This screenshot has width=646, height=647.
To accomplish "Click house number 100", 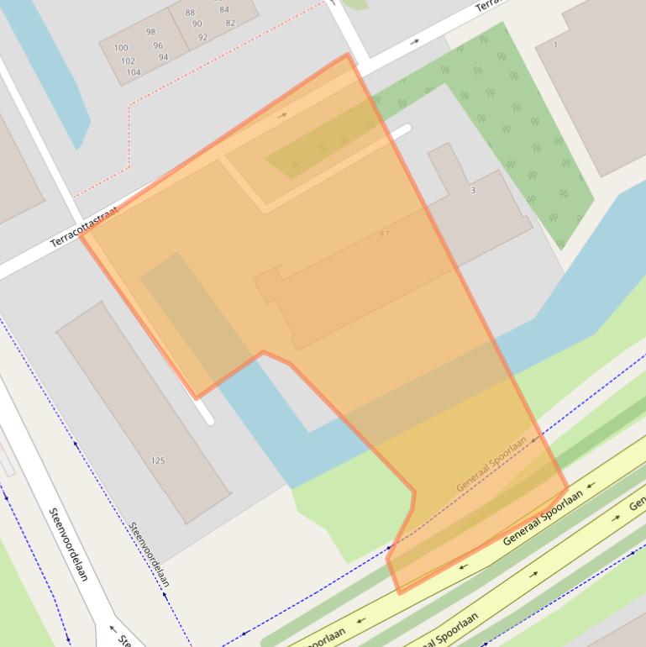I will pos(121,48).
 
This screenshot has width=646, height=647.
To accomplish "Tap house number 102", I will pos(128,60).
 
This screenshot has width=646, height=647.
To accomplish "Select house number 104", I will pos(134,72).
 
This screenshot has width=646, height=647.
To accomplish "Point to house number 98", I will pos(150,32).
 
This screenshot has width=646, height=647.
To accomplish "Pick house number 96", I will pos(158,45).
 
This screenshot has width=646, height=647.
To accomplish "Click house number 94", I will pos(163,57).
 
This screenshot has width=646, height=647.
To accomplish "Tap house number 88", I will pos(190,13).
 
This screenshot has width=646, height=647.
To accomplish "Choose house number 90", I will pos(197,24).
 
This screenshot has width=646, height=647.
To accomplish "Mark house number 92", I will pos(202,37).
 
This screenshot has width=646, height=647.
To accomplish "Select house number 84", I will pos(223,10).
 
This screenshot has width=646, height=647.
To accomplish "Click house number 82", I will pos(230,23).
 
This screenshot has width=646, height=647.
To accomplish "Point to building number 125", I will pos(158,460).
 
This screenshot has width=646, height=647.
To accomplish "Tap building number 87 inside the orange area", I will pos(384,234).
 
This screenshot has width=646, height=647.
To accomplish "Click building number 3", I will pos(473,190).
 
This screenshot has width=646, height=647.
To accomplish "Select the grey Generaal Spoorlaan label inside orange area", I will pos(491,464).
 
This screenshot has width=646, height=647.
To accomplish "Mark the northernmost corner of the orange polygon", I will pos(347,55).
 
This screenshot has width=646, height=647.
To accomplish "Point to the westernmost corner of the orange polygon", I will pos(81,235).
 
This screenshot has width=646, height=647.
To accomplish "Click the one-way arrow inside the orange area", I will pos(282,115).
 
